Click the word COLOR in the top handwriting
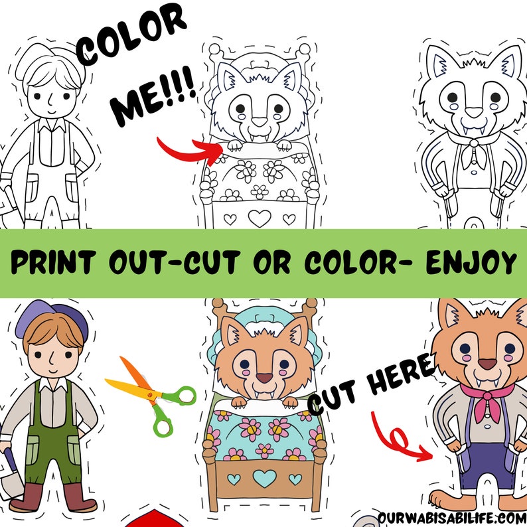[131, 38]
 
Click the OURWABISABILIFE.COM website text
[451, 516]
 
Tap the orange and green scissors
[151, 395]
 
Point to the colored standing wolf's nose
[488, 363]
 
